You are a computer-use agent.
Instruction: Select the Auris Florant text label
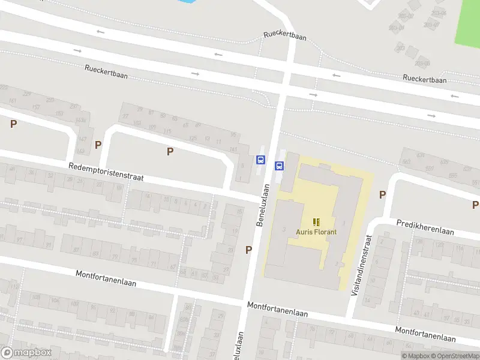(316, 232)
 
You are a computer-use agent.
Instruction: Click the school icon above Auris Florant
(316, 222)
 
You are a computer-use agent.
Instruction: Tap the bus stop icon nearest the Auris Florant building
(279, 166)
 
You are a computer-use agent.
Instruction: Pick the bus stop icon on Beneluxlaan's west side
(261, 160)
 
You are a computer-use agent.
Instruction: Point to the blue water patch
(188, 2)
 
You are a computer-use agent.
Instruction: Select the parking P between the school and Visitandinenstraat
(382, 194)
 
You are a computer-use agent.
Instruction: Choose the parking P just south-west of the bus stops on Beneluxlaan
(248, 250)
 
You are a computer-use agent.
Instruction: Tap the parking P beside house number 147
(98, 145)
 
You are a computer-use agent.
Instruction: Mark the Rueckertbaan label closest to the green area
(425, 79)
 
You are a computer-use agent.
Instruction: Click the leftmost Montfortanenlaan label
(106, 278)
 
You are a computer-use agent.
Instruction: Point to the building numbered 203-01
(397, 27)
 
